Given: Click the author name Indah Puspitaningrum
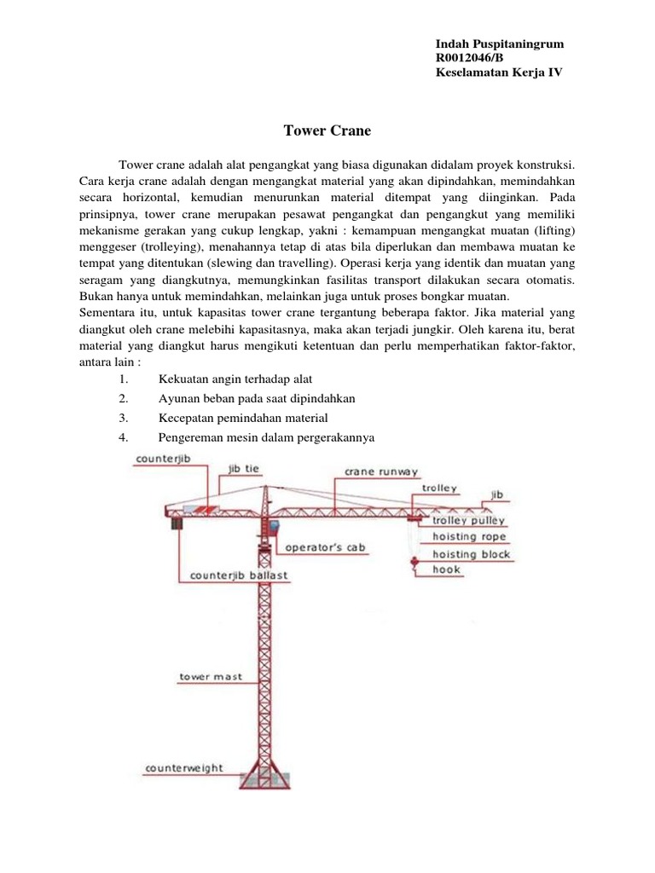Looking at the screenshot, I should click(499, 43).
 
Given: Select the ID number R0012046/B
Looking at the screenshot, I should click(469, 58).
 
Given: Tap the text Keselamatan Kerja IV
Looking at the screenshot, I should click(498, 72).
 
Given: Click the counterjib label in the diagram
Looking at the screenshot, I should click(161, 459).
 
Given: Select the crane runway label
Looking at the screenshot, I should click(381, 471).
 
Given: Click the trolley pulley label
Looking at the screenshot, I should click(468, 520).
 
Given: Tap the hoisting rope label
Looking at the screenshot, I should click(469, 537).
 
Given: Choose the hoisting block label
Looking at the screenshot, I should click(471, 554).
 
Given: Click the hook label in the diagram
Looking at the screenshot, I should click(446, 569).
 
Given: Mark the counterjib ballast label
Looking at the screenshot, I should click(239, 575).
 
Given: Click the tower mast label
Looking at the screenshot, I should click(211, 677).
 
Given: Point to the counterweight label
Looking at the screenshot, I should click(184, 767).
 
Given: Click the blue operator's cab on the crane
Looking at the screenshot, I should click(275, 528).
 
